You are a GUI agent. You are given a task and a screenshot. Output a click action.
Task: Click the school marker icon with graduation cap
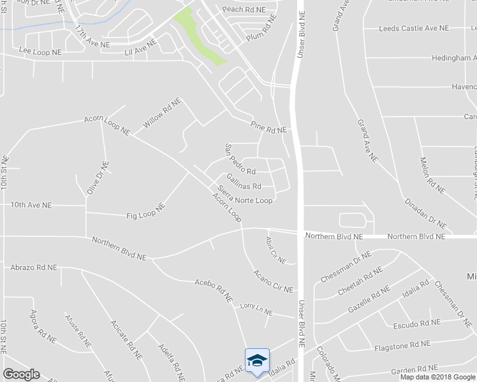257,360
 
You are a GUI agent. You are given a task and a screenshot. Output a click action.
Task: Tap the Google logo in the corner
21,374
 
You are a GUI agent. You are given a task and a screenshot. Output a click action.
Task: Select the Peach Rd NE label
243,10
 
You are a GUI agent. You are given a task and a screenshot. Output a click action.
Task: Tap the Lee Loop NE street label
40,50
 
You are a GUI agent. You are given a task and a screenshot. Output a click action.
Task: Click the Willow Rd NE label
162,113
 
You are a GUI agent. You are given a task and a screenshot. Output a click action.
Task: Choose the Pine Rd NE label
269,127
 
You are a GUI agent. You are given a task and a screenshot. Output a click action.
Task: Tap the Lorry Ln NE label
256,309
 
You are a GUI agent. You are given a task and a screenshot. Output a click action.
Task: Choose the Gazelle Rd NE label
369,300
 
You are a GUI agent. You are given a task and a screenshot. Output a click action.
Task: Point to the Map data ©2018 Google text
437,376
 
